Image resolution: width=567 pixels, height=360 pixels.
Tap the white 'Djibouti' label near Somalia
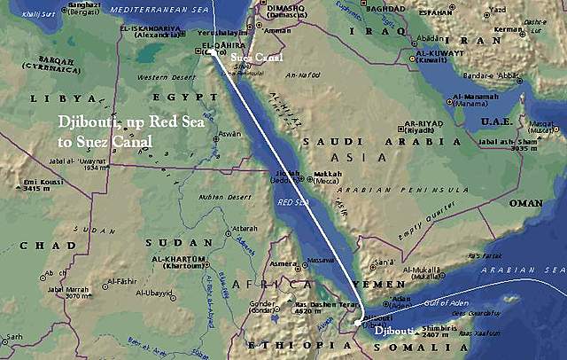coord(393,331)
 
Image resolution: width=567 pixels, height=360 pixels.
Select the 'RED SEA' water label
coord(292,202)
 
